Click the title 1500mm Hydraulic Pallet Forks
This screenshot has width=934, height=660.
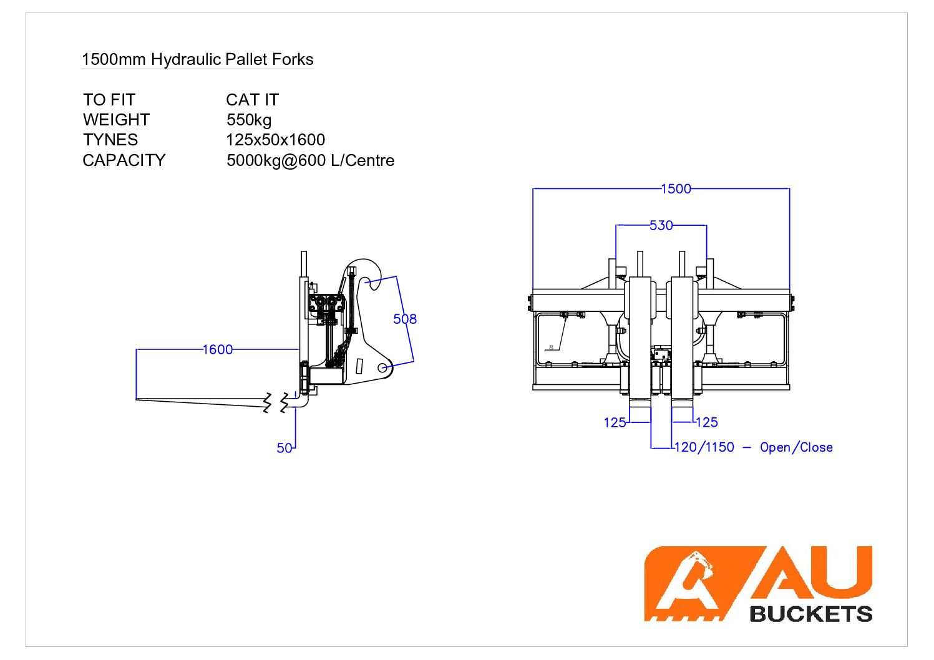click(x=197, y=60)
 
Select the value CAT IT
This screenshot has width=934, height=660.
click(x=252, y=100)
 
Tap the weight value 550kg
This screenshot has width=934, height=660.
click(x=249, y=120)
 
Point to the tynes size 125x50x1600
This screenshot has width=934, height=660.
click(x=275, y=140)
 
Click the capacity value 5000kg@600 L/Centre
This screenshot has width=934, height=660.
click(x=310, y=160)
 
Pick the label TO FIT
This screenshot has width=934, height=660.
click(x=109, y=100)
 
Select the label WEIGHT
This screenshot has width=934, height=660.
click(x=116, y=120)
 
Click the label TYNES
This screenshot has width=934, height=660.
click(x=110, y=140)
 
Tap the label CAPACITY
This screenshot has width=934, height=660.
click(x=124, y=160)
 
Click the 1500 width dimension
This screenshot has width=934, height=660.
click(x=676, y=189)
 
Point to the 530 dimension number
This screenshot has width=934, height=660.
click(x=661, y=225)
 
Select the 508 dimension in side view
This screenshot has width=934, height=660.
click(x=405, y=319)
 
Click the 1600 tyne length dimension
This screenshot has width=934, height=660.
click(x=218, y=350)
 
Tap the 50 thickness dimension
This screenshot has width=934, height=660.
click(x=285, y=448)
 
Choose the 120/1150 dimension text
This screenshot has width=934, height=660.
click(x=704, y=447)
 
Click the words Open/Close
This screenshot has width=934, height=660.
click(x=796, y=447)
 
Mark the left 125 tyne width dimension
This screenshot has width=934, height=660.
click(x=615, y=422)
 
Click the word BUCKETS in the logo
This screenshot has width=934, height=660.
click(x=810, y=614)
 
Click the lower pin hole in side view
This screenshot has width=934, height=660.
click(x=382, y=368)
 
